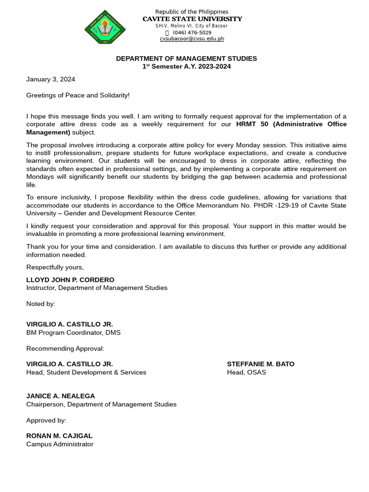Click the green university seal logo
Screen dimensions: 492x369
(105, 27)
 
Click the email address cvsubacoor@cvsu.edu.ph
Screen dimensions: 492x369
(192, 39)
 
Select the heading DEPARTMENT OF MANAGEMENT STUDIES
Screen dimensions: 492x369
(186, 59)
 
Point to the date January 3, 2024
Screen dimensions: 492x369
(50, 79)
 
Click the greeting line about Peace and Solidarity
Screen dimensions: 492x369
(78, 95)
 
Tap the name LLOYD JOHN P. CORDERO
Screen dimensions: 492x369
(70, 280)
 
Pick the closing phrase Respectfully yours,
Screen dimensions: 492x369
(55, 267)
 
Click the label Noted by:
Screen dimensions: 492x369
(41, 304)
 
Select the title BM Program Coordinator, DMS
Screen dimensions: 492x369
(74, 332)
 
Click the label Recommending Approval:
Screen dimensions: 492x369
(65, 348)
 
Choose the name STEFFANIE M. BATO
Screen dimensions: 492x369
(260, 364)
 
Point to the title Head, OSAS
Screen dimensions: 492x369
(246, 372)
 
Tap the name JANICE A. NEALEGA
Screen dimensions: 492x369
(61, 396)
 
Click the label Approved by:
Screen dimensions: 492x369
(46, 420)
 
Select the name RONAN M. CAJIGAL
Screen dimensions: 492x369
(59, 436)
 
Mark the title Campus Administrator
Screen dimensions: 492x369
(60, 444)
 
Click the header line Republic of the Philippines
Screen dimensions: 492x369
(192, 12)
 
